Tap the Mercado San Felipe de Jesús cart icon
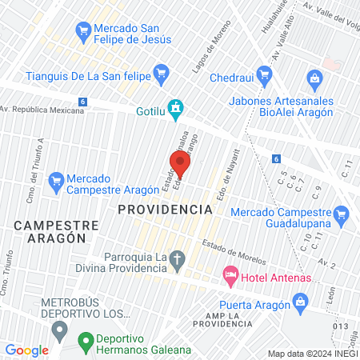[81, 30]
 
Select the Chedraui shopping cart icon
[198, 79]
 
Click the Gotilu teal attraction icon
[176, 106]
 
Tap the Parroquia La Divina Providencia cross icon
[178, 258]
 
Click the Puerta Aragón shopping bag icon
[301, 301]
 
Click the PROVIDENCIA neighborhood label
[165, 209]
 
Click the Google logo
[27, 350]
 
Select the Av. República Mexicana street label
[42, 110]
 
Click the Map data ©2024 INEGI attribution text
[313, 354]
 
